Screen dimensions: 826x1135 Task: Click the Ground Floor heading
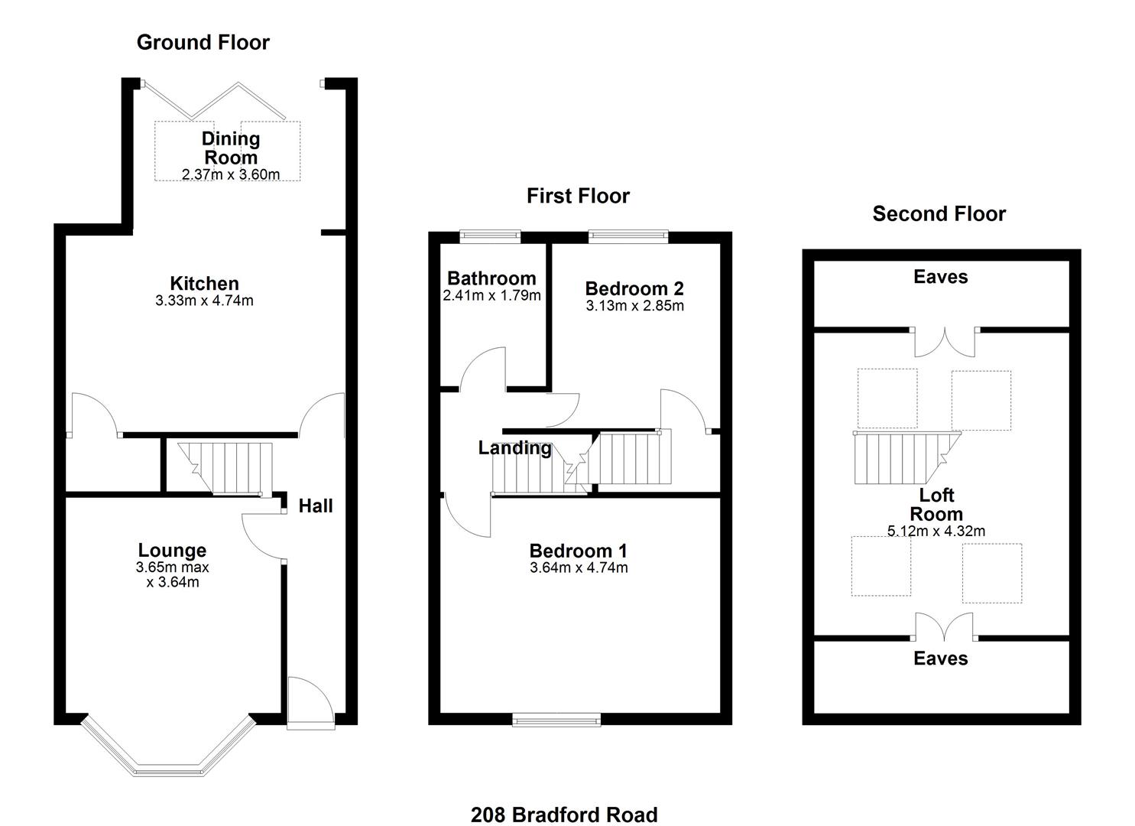coord(203,42)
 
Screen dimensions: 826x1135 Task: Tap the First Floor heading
coord(578,196)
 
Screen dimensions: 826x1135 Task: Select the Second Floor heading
coord(939,213)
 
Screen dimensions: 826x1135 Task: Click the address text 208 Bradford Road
coord(564,815)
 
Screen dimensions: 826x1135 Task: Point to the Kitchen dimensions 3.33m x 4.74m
coord(204,301)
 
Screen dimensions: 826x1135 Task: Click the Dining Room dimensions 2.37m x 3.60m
coord(231,174)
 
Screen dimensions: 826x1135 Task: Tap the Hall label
coord(315,506)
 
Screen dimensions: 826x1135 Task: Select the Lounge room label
coord(172,550)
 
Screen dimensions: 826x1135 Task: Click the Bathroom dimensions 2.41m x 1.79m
coord(491,295)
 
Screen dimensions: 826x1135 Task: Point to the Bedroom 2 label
coord(634,288)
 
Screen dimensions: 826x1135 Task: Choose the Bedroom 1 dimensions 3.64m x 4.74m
coord(579,567)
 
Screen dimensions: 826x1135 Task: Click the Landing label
coord(514,448)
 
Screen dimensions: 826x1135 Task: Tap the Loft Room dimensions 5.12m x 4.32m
coord(936,531)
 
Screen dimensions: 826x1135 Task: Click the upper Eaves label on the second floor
coord(940,277)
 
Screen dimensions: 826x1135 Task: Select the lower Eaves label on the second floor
coord(940,658)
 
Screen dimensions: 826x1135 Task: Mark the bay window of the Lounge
coord(167,753)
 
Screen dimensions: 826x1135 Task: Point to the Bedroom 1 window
coord(556,718)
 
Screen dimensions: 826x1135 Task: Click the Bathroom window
coord(490,236)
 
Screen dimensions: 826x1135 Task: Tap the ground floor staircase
coord(225,467)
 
